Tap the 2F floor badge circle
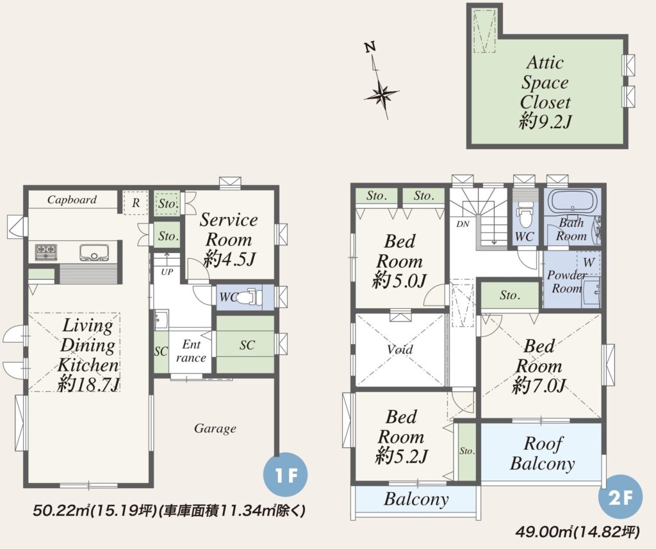[620, 497]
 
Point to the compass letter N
[370, 47]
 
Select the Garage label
[215, 429]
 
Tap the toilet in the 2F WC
[524, 209]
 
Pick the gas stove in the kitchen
[45, 252]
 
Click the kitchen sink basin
[94, 252]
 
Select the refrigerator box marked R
[135, 203]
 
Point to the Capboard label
[72, 200]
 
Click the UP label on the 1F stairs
[167, 272]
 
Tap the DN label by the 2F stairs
[463, 224]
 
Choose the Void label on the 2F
[400, 349]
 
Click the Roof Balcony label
[543, 453]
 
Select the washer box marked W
[588, 263]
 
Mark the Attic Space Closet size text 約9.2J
[546, 122]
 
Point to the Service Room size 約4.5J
[229, 259]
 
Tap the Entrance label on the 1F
[191, 350]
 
